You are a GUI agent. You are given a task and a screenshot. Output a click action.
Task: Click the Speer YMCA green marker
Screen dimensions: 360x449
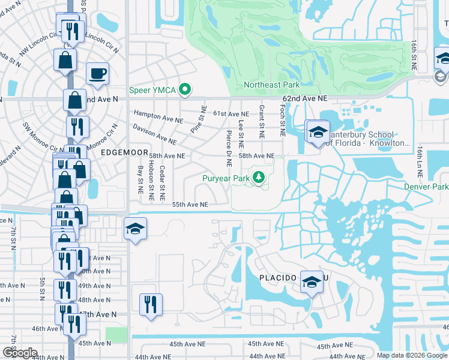pos(185,91)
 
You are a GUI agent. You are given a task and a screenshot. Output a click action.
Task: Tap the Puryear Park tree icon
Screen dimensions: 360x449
pos(259,177)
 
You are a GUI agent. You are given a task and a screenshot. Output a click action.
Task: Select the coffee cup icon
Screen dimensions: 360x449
pos(97,73)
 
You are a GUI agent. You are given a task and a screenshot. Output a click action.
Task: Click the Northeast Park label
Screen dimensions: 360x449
pos(271,85)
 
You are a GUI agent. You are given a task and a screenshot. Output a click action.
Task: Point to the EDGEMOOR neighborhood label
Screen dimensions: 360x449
pos(119,152)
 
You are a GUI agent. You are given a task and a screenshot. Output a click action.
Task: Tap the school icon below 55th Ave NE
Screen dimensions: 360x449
pos(135,229)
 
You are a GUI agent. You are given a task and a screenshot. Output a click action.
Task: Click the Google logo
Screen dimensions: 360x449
pos(19,353)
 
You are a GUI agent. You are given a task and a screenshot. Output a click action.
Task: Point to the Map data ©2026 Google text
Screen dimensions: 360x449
pos(411,355)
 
